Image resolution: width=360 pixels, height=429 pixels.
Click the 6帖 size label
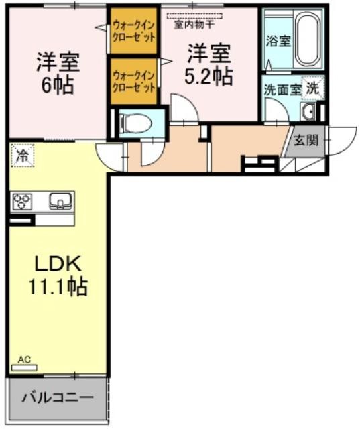(58, 86)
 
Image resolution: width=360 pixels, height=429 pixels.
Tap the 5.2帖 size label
(209, 75)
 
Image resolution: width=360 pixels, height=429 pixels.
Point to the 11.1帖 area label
(58, 288)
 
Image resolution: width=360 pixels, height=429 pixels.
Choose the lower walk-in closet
(135, 81)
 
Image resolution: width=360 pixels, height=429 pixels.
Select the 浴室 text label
(278, 40)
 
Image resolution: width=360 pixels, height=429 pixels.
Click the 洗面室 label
(281, 88)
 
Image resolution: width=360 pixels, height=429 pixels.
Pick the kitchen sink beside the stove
(59, 200)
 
